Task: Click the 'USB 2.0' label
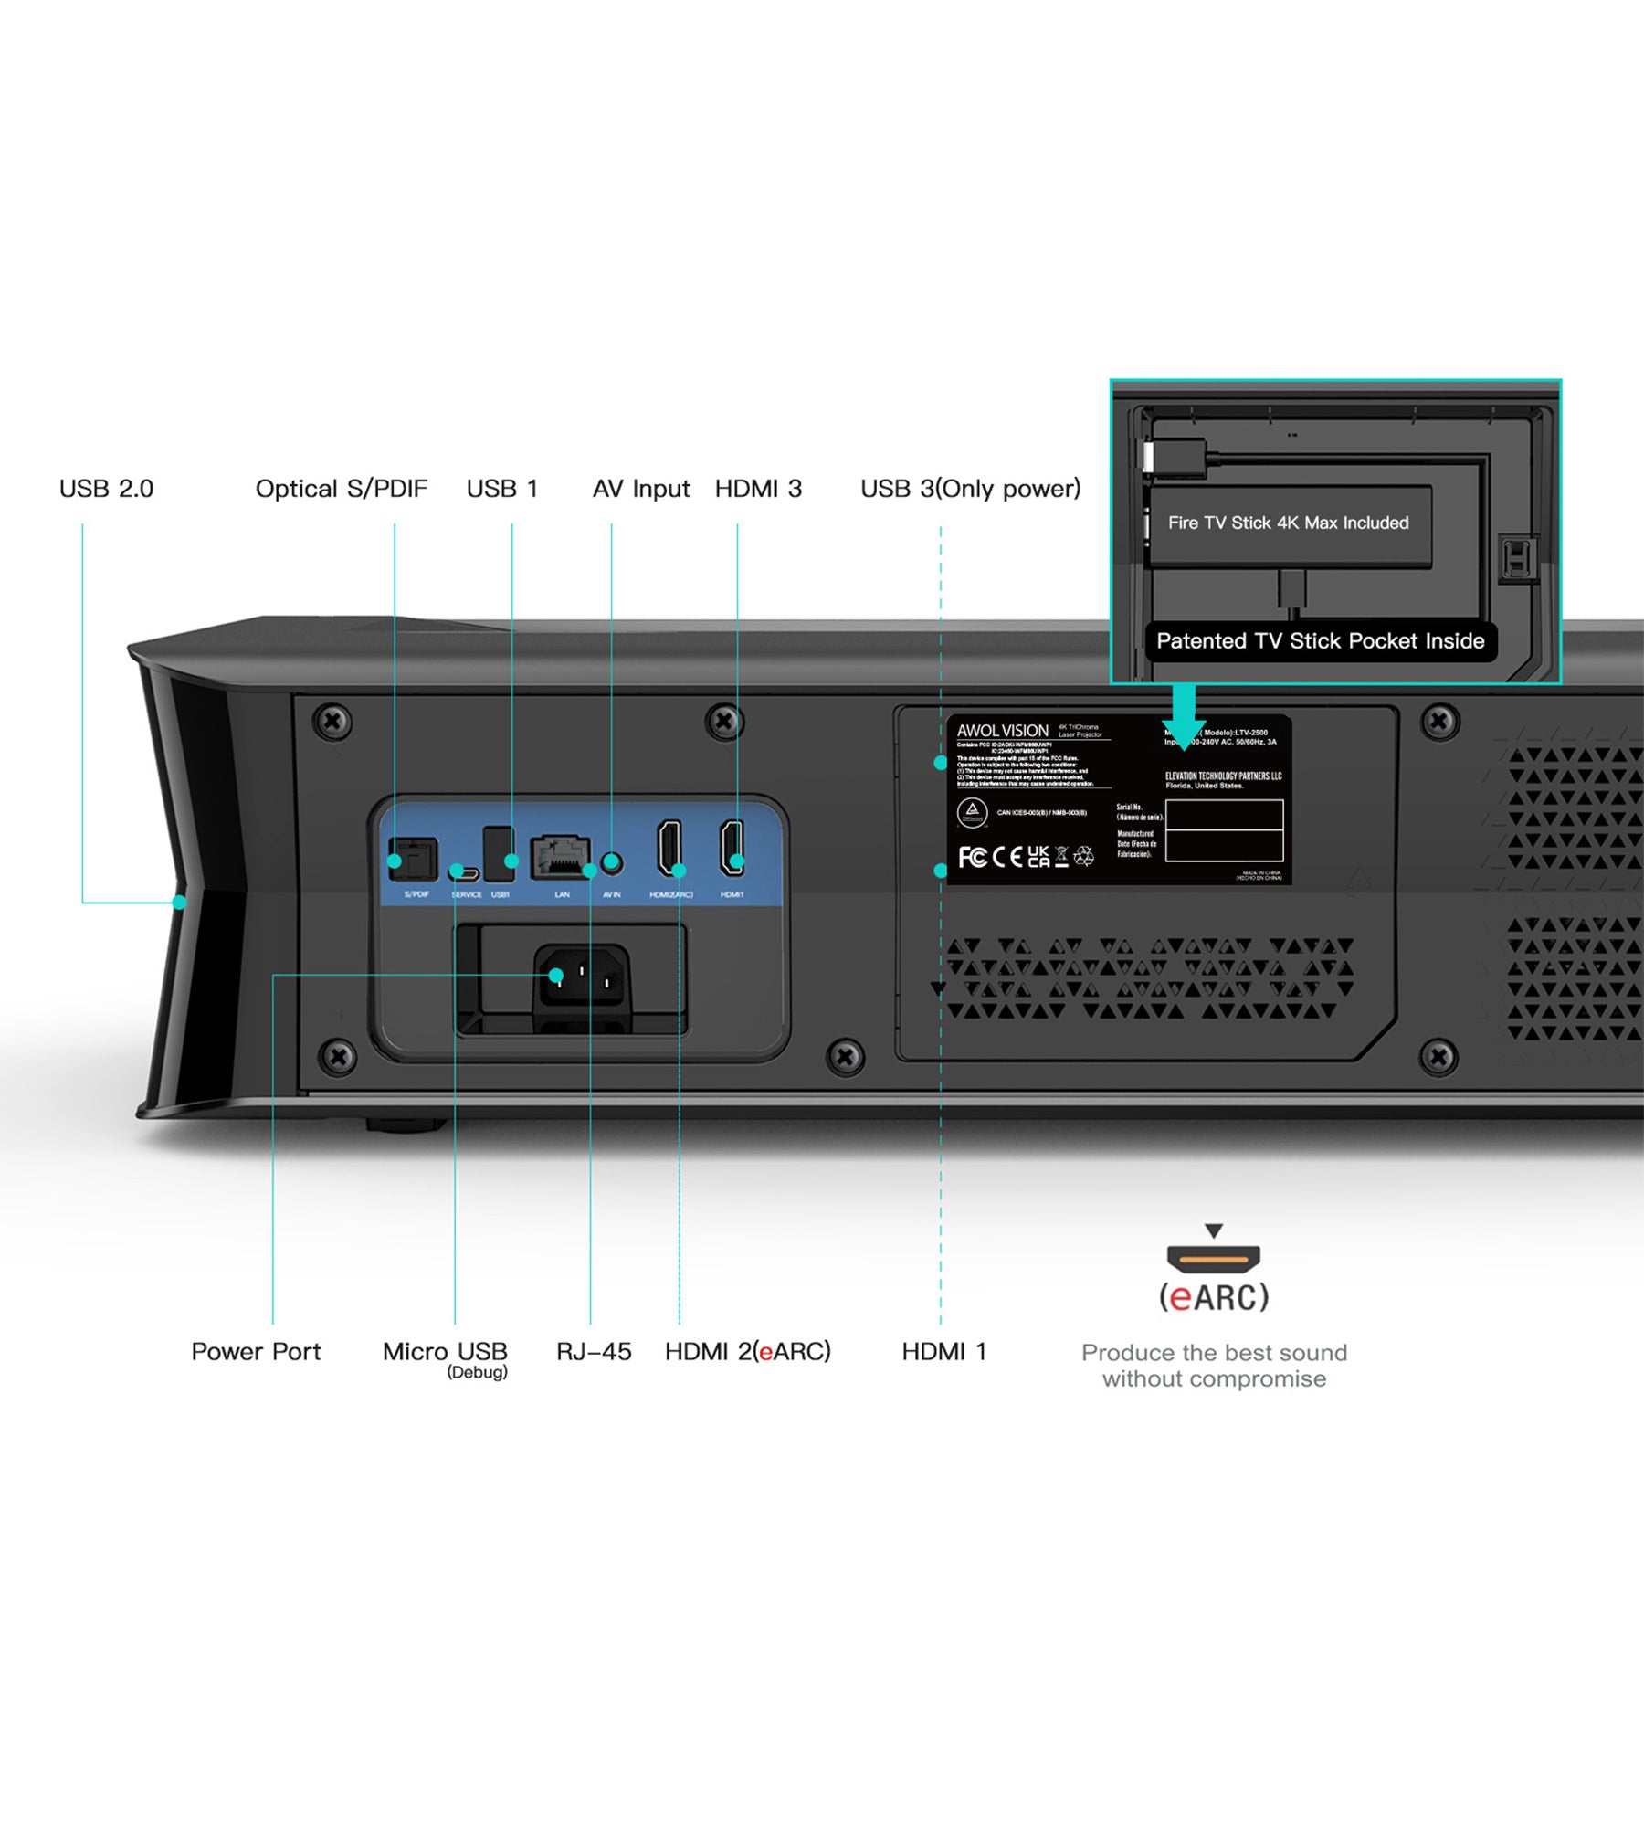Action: pos(106,489)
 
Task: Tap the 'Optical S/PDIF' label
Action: pos(341,489)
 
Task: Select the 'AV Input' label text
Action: pos(640,489)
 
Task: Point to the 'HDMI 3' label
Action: pos(758,489)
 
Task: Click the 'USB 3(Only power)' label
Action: pos(970,489)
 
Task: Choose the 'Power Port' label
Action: pos(256,1351)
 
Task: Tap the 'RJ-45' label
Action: pos(594,1351)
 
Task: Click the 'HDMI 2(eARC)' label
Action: pos(747,1351)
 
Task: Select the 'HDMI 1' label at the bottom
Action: pos(943,1351)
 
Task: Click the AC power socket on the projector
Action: pos(582,978)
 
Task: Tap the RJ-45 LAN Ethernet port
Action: pos(559,857)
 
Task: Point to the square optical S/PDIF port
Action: pos(413,859)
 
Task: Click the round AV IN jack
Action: pos(613,861)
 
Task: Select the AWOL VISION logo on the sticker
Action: pos(1002,731)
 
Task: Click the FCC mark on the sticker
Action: pos(972,857)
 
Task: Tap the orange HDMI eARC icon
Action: pos(1213,1259)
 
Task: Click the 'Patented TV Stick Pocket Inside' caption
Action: pos(1320,641)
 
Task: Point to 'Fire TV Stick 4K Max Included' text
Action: pos(1288,523)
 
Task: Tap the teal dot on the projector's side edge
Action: pos(180,903)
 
